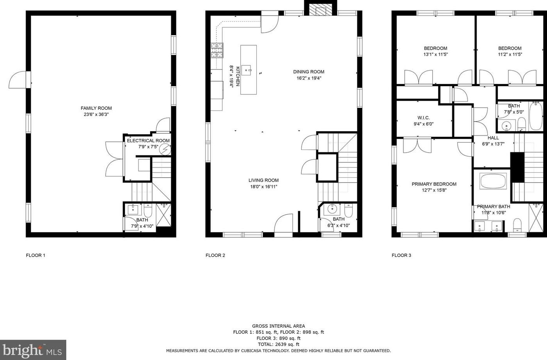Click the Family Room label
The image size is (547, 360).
tap(96, 108)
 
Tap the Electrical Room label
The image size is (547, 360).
tap(148, 141)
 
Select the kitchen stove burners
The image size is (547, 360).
tap(217, 50)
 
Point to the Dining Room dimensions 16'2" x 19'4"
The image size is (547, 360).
tap(309, 78)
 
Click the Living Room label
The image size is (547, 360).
tap(263, 180)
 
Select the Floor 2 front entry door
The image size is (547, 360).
tap(284, 226)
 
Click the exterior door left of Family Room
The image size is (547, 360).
tap(18, 80)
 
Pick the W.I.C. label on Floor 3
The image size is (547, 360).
tap(423, 118)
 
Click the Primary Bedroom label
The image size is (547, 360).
tap(434, 184)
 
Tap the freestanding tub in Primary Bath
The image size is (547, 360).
tap(493, 181)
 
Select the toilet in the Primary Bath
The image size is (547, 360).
tap(517, 225)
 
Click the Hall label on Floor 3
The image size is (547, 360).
tap(493, 138)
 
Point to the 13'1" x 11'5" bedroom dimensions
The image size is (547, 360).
tap(435, 55)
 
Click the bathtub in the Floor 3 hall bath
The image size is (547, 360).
tap(536, 116)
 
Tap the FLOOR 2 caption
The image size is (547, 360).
tap(215, 255)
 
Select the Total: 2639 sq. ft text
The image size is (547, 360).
tap(278, 344)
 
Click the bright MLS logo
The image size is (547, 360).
tap(33, 350)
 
